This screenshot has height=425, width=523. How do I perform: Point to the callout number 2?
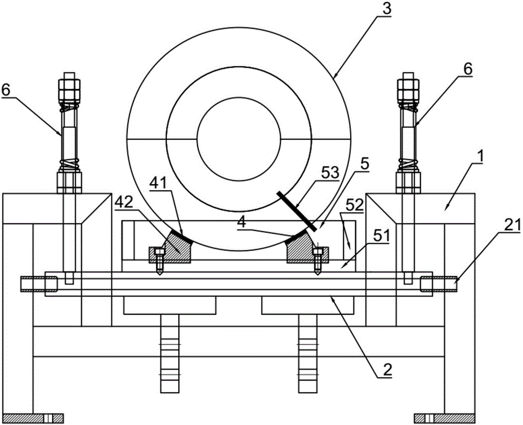click(387, 369)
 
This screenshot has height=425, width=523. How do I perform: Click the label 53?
click(330, 173)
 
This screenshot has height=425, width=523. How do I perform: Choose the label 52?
click(354, 205)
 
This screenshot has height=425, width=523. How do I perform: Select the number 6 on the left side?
click(6, 90)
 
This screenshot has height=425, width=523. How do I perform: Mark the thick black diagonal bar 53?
click(297, 211)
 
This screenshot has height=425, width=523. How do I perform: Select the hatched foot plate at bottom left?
click(32, 418)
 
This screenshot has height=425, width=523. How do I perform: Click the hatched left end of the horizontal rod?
click(39, 284)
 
